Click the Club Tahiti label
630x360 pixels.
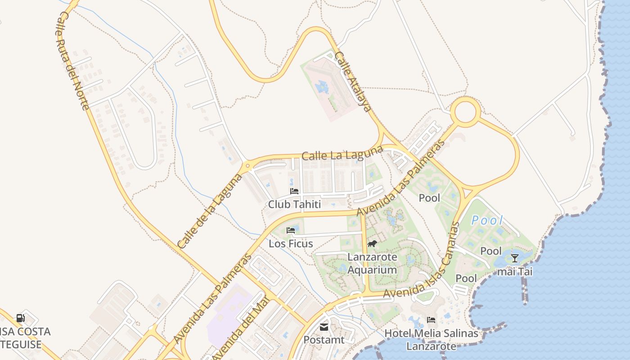pos(294,204)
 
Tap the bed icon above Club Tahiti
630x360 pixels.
pos(294,191)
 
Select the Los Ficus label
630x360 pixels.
pos(291,243)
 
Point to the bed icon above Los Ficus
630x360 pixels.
pos(291,230)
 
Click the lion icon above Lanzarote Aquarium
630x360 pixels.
pos(372,244)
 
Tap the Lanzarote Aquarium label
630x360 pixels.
pos(372,264)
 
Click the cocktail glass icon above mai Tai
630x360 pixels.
pos(515,258)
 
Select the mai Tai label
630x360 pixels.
pos(515,272)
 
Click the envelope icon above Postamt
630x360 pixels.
pos(324,327)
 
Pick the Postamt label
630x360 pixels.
pos(324,340)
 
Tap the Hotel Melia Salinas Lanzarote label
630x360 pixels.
pos(431,340)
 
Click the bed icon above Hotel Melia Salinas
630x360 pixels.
pos(431,320)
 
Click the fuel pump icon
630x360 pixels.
pos(21,318)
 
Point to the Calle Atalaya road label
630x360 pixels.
pos(354,81)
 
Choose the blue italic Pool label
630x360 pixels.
pos(487,220)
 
